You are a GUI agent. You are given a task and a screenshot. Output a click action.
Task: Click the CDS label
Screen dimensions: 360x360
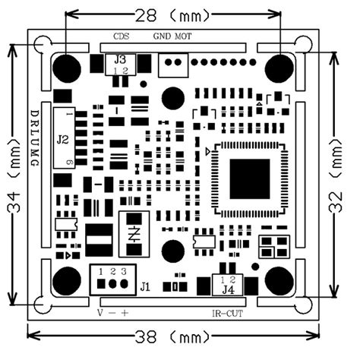pyautogui.click(x=122, y=36)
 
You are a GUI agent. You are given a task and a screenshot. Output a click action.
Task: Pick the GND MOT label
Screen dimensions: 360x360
pyautogui.click(x=172, y=36)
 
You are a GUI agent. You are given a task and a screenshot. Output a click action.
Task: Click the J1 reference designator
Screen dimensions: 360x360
pyautogui.click(x=143, y=287)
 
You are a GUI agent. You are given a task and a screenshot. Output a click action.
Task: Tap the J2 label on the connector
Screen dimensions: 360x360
pyautogui.click(x=63, y=139)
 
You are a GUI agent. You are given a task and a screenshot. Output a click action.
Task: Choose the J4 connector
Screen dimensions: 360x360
pyautogui.click(x=227, y=286)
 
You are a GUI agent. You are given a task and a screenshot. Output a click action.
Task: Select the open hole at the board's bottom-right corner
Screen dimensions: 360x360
pyautogui.click(x=305, y=303)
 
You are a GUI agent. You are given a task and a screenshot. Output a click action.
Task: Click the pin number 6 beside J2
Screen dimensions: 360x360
pyautogui.click(x=69, y=163)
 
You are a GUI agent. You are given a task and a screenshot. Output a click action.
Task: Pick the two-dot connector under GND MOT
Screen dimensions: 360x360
pyautogui.click(x=171, y=65)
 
